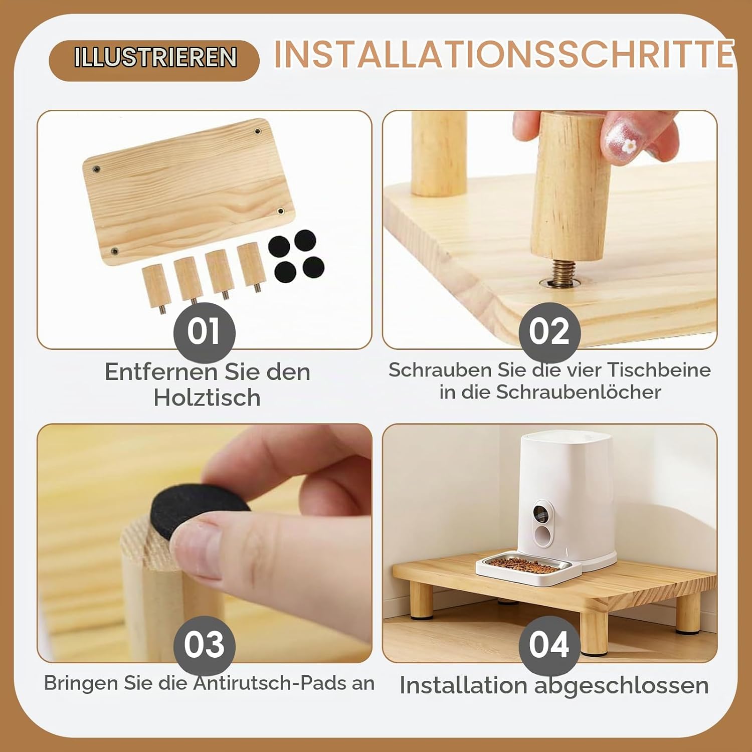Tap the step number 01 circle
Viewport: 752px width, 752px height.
click(205, 332)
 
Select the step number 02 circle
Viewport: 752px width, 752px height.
click(549, 332)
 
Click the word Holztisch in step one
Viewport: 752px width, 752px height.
click(207, 398)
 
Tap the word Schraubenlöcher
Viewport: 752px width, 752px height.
click(579, 392)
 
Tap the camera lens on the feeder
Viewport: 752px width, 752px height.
click(540, 513)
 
